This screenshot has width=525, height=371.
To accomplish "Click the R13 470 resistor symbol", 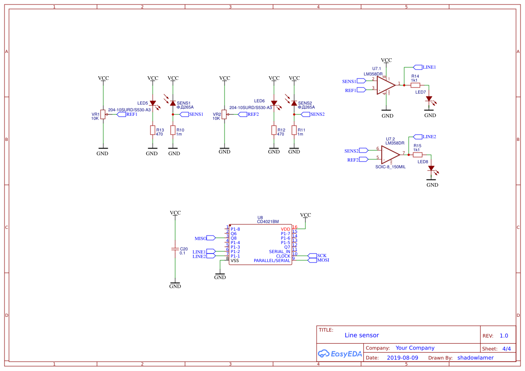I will (152, 130).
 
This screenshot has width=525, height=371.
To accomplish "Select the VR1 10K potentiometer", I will (103, 114).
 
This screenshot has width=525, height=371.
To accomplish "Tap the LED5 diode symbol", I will (153, 103).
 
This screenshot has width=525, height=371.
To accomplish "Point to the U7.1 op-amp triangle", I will (385, 85).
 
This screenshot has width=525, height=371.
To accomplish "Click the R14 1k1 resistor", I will (415, 85).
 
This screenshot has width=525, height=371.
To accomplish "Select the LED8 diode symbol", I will (432, 168).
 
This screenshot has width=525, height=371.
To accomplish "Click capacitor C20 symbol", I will (175, 249).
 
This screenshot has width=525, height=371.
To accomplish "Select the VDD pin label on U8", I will (286, 229).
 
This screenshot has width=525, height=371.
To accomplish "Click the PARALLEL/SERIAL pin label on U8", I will (272, 261).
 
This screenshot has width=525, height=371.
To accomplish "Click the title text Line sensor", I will (362, 335).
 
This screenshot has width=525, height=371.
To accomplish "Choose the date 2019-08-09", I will (402, 358).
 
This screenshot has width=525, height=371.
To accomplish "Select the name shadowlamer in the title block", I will (475, 358).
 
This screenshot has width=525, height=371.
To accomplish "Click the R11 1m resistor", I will (294, 130).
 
